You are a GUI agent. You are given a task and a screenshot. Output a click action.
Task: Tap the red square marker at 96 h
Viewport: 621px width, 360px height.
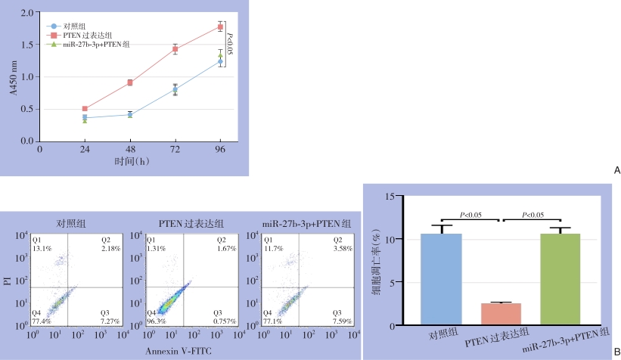[220, 27]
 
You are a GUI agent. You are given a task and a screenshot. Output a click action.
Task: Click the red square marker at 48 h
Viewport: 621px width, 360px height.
[130, 82]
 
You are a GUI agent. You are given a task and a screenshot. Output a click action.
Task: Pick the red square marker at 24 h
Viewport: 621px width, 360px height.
[85, 109]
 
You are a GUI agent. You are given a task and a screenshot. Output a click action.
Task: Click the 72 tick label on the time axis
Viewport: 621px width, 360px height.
[175, 150]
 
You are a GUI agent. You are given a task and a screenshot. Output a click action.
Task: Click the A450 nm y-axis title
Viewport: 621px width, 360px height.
[12, 77]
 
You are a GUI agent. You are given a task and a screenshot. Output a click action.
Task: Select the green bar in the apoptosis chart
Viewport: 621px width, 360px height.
[560, 280]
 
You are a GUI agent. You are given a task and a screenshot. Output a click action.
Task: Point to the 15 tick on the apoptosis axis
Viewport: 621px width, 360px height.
[390, 196]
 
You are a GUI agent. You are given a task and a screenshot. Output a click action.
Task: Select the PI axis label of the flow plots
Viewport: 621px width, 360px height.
[6, 282]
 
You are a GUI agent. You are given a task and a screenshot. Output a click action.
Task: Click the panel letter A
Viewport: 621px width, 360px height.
[616, 171]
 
